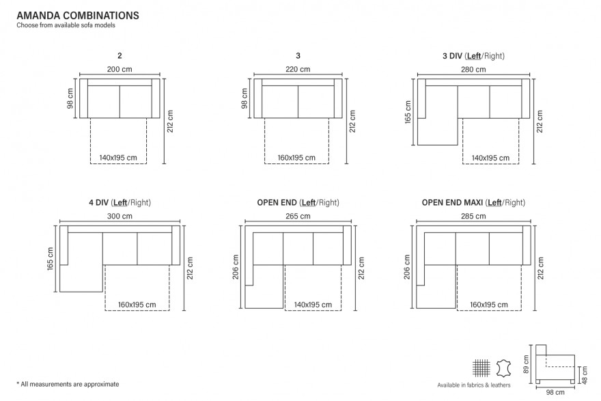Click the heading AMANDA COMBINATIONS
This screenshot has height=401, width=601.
coord(78,15)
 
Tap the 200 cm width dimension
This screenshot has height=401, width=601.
coord(120,70)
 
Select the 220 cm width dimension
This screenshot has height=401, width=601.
coord(298,70)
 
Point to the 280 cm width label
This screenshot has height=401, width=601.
coord(473,70)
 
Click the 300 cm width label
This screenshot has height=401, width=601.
coord(120,217)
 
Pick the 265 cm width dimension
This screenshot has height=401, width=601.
coord(298,217)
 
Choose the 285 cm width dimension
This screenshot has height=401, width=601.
coord(473,217)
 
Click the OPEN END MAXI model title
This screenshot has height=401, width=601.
coord(473,202)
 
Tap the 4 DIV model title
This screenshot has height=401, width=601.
coord(120,202)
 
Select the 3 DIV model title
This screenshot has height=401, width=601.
coord(473,56)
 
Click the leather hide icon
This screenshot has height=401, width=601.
coord(503,368)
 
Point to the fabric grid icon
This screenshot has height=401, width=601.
coord(481,368)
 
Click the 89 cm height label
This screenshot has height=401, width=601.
coord(526,364)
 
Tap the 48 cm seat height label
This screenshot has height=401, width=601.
coord(584,375)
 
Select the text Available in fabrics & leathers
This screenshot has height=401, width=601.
coord(474,385)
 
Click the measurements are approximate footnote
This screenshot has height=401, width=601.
coord(68,384)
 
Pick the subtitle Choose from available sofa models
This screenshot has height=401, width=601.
coord(66,25)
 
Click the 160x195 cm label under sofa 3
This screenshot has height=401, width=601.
coord(296,158)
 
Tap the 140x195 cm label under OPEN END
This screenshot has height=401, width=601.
coord(313,305)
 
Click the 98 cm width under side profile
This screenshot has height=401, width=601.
coord(555,392)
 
